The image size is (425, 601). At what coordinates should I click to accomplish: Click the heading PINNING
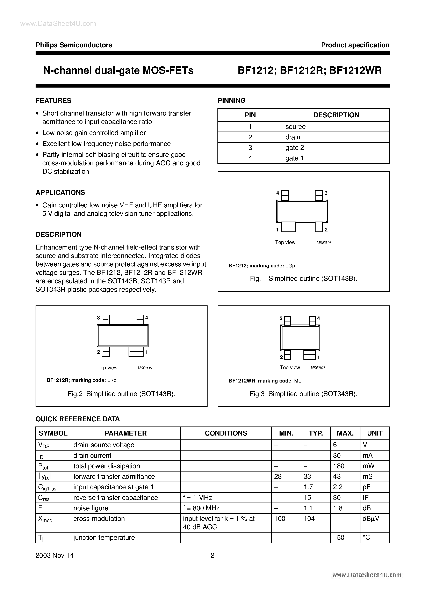click(231, 101)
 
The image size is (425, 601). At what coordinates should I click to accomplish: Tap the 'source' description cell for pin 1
click(295, 127)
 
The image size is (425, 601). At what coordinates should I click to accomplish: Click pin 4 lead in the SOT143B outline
click(285, 195)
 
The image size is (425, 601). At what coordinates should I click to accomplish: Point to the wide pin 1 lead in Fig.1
click(288, 227)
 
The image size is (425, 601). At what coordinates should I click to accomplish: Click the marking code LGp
click(290, 266)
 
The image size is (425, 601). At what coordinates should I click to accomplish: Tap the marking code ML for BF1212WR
click(297, 381)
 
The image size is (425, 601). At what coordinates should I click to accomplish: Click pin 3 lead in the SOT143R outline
click(105, 320)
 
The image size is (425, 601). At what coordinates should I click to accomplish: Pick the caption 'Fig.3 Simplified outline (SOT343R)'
click(303, 394)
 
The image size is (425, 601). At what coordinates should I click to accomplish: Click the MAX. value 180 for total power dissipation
click(339, 466)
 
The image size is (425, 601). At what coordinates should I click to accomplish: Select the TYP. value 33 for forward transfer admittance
click(307, 476)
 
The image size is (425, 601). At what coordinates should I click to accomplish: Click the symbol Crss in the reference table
click(44, 498)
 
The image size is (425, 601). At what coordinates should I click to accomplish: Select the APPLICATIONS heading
click(60, 193)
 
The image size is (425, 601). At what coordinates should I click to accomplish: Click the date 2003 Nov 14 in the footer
click(55, 555)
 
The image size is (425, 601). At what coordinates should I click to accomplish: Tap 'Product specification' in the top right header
click(355, 45)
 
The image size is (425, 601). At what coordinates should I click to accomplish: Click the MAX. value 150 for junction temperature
click(339, 537)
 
